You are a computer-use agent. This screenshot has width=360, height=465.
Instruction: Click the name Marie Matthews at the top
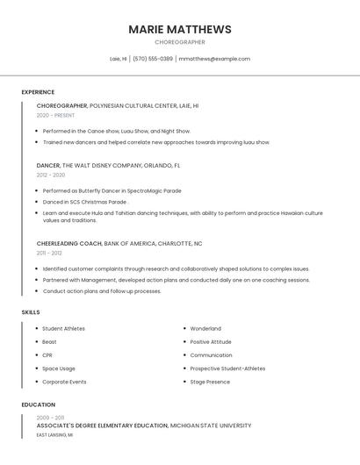[180, 29]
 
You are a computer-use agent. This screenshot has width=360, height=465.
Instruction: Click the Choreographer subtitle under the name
[180, 42]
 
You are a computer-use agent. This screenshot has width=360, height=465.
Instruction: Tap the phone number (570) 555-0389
[153, 59]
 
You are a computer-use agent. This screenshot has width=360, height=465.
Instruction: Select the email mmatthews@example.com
[214, 59]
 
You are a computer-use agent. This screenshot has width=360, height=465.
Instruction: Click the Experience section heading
[38, 92]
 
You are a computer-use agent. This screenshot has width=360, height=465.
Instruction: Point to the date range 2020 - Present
[55, 115]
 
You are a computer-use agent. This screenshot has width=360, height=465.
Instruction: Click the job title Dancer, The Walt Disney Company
[108, 165]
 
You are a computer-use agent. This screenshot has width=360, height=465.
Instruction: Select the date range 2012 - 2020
[51, 175]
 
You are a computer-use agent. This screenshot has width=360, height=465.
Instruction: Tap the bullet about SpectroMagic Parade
[112, 190]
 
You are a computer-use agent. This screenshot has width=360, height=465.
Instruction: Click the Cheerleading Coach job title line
[119, 243]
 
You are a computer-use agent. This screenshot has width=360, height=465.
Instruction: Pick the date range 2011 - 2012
[49, 253]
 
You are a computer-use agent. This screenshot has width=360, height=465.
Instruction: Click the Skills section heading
[31, 312]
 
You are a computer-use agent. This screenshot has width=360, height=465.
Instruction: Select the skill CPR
[47, 355]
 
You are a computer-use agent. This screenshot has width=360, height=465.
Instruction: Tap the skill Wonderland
[205, 329]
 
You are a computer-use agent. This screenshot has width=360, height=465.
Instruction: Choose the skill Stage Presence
[210, 382]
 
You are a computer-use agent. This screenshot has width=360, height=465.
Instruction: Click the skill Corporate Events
[64, 382]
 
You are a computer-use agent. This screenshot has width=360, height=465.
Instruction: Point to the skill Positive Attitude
[211, 342]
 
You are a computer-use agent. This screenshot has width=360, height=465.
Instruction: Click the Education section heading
[39, 405]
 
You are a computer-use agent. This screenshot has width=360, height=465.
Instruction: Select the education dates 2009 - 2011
[50, 418]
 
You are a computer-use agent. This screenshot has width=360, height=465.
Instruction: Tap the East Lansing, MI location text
[54, 434]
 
